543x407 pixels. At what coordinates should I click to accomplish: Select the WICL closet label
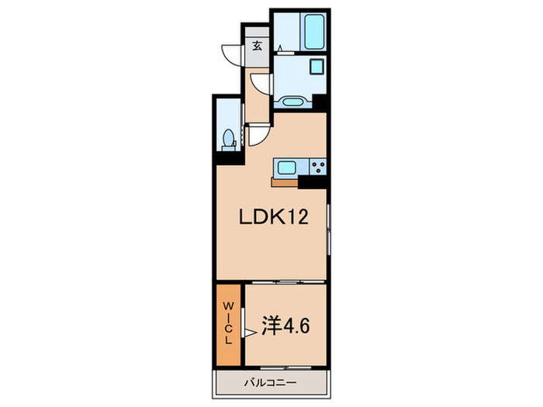[x=230, y=323]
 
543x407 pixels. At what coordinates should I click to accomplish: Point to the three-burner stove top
[x=317, y=166]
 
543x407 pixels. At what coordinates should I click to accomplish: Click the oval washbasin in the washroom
[x=292, y=101]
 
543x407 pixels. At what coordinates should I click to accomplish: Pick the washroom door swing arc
[x=261, y=84]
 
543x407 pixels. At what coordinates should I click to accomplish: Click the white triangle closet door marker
[x=250, y=332]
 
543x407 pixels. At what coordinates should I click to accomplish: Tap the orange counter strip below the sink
[x=284, y=182]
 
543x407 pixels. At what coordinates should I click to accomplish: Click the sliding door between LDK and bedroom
[x=284, y=281]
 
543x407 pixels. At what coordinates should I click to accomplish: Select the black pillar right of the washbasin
[x=321, y=102]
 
